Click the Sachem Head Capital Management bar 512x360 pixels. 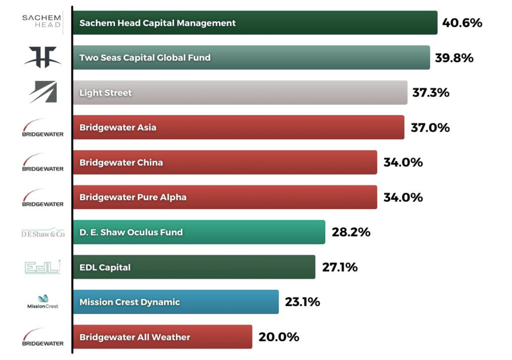[255, 23]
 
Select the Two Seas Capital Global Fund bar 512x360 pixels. [251, 58]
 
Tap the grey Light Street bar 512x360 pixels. [240, 93]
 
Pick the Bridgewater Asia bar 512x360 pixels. [239, 127]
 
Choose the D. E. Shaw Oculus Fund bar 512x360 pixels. [199, 232]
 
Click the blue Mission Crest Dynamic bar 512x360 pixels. [176, 302]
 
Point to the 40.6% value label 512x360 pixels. [462, 23]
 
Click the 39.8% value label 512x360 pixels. [454, 58]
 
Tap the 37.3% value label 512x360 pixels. [431, 93]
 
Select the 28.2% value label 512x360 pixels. [351, 232]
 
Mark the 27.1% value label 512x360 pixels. [340, 267]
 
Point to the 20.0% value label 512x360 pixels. [279, 337]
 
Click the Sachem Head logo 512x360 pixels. [42, 21]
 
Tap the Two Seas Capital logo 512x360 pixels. [43, 57]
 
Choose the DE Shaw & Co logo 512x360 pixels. [43, 233]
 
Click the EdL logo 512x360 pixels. [42, 267]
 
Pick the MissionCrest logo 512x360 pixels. [43, 302]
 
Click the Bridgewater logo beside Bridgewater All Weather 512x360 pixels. [42, 337]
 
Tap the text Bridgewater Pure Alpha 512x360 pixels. [133, 197]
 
